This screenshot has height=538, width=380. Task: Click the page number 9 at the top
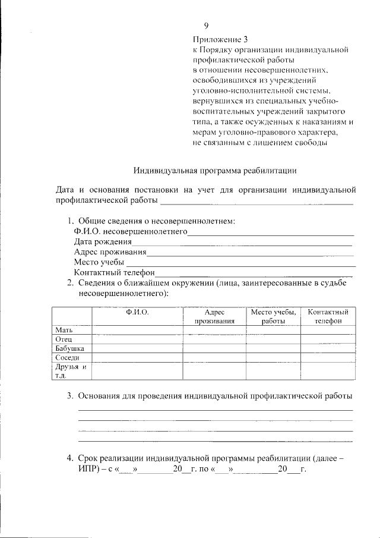pyautogui.click(x=206, y=26)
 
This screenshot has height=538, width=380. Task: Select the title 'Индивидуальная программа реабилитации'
pyautogui.click(x=214, y=171)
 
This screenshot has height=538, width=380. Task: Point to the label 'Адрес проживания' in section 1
pyautogui.click(x=110, y=252)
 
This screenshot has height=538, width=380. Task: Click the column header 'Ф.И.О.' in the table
pyautogui.click(x=137, y=312)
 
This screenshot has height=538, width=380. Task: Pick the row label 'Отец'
pyautogui.click(x=64, y=339)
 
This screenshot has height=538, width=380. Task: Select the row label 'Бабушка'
pyautogui.click(x=69, y=348)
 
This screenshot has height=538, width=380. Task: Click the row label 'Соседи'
pyautogui.click(x=66, y=358)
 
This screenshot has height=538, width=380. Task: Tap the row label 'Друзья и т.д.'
pyautogui.click(x=71, y=371)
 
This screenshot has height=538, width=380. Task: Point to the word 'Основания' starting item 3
pyautogui.click(x=100, y=395)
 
